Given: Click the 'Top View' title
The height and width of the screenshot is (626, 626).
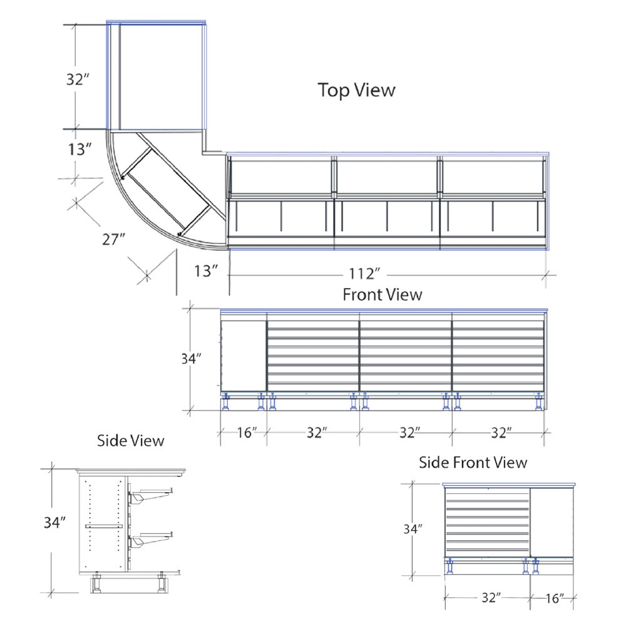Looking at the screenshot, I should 357,90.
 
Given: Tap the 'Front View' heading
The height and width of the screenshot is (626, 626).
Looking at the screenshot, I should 382,294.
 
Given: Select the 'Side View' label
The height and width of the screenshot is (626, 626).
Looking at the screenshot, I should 131,441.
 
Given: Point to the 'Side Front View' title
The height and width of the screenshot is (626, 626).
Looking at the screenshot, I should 473,463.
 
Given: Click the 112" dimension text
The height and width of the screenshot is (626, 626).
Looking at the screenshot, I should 366,274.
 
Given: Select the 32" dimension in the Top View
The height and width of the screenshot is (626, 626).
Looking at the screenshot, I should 80,80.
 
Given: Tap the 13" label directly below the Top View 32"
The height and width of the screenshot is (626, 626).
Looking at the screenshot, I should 80,149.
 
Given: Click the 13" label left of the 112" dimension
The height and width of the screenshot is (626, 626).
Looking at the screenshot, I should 206,270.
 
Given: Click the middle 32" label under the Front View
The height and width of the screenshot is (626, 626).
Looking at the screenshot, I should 408,432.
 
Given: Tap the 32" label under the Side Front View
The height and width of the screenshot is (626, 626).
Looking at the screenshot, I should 491,597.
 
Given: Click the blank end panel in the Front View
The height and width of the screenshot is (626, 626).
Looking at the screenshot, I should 244,354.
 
